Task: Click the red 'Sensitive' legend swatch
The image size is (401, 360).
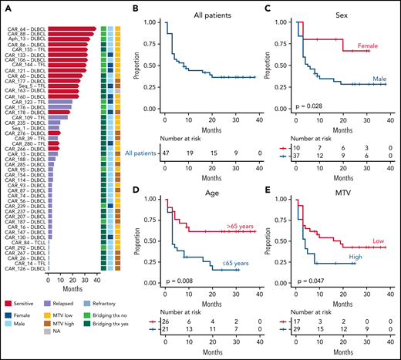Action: coord(12,306)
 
